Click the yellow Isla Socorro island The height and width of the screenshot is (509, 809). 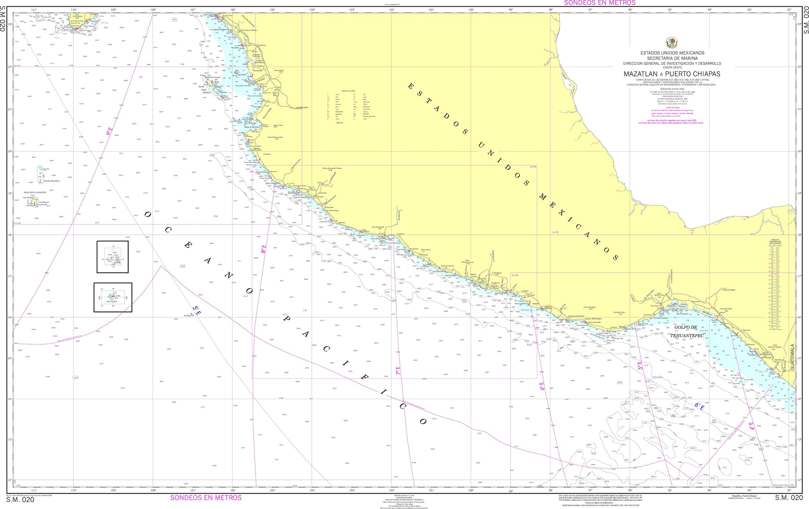tap(36, 201)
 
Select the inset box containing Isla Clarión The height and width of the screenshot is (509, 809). tap(113, 297)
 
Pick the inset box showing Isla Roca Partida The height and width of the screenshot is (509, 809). tap(112, 257)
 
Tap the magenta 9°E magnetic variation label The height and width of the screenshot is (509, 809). tap(109, 131)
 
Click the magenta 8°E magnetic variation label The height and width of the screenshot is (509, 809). tap(264, 249)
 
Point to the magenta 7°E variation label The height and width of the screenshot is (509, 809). tap(398, 371)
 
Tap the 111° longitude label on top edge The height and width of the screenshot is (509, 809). tap(34, 10)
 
